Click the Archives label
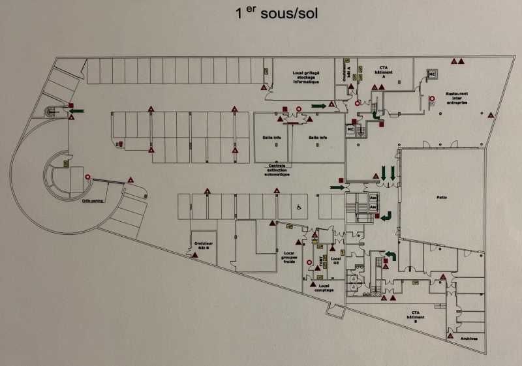[468, 339]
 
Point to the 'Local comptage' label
[324, 288]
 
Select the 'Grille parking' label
[94, 201]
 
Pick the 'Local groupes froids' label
[290, 257]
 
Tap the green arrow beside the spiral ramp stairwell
[76, 111]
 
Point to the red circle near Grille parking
[87, 177]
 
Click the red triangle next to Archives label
[450, 337]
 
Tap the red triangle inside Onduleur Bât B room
[194, 256]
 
